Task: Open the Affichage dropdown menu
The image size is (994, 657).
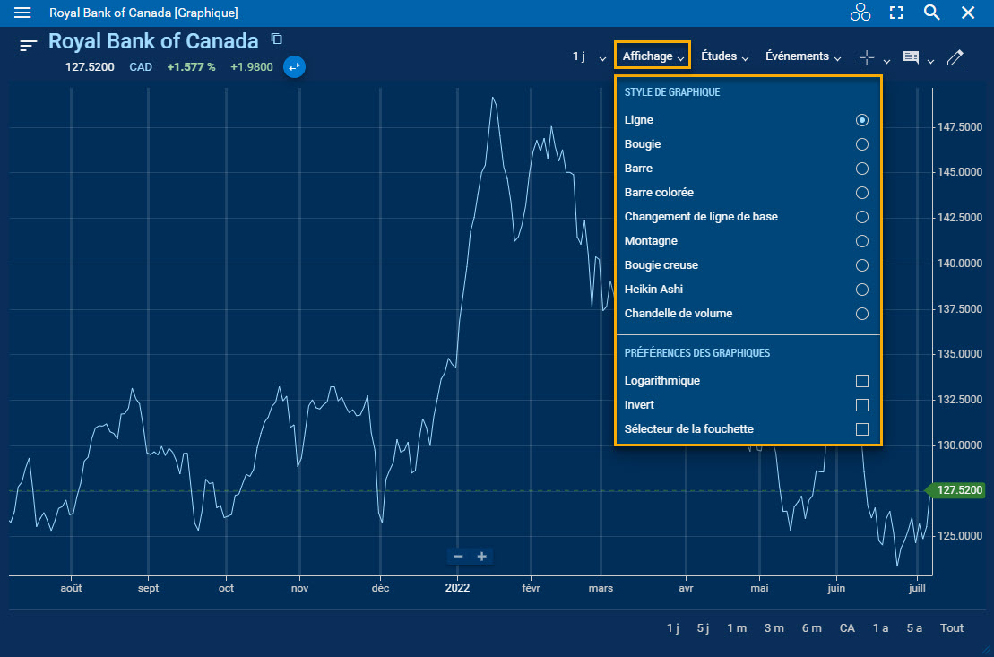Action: pos(653,56)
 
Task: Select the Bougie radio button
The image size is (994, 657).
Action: pos(861,144)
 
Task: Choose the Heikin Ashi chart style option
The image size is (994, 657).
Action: pos(861,290)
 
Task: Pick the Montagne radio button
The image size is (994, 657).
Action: pos(861,241)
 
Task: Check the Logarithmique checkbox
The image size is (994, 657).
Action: pos(861,381)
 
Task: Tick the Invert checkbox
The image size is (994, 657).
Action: pos(861,405)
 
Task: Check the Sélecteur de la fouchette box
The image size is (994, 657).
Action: pos(861,429)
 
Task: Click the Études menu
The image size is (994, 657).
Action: pos(724,56)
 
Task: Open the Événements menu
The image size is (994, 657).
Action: pos(803,56)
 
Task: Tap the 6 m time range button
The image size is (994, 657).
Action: pos(811,628)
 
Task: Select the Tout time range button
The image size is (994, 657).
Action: pos(952,628)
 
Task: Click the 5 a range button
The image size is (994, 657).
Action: pos(914,628)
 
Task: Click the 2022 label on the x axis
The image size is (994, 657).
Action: pos(457,588)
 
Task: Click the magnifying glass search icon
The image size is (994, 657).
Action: pos(931,13)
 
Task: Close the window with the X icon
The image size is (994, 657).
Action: pos(968,13)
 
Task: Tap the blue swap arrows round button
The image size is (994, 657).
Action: pos(294,66)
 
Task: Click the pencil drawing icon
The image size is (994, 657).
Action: pos(955,57)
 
